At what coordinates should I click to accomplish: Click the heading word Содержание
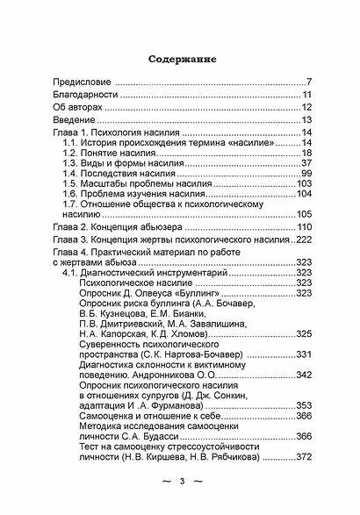click(182, 61)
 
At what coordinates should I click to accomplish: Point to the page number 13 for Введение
click(307, 120)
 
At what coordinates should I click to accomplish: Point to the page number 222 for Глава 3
click(304, 239)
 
